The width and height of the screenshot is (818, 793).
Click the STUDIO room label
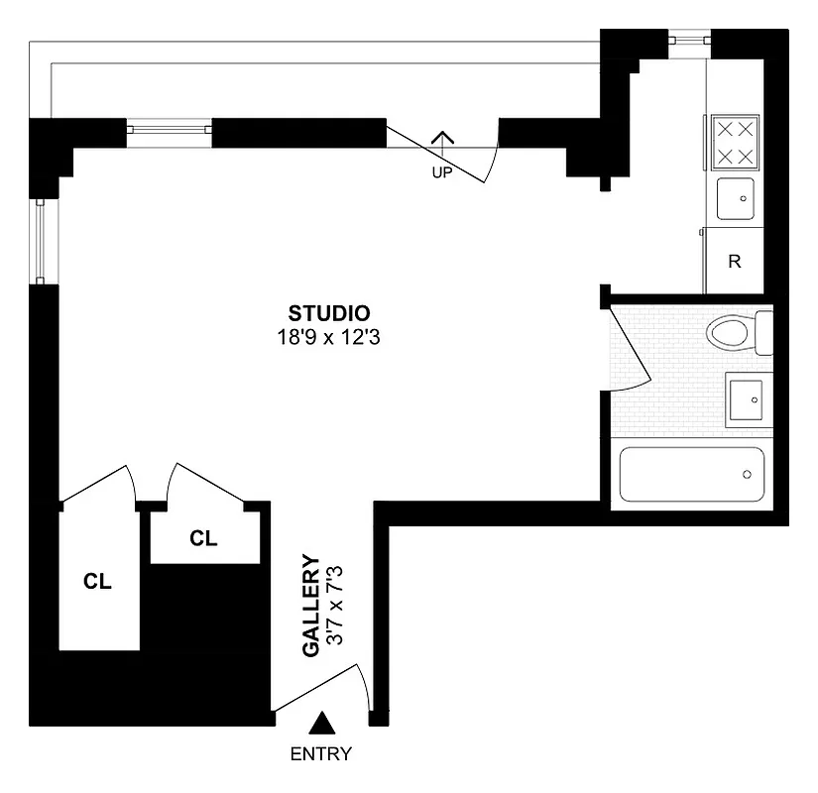(x=330, y=313)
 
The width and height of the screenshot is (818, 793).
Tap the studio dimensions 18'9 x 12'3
(x=330, y=337)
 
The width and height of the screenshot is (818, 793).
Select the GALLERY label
(x=310, y=605)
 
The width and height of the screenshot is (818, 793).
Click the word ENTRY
(x=320, y=753)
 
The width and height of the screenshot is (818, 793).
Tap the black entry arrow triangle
(x=321, y=723)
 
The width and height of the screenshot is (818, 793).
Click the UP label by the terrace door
(x=442, y=171)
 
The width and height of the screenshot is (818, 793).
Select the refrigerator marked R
(x=734, y=262)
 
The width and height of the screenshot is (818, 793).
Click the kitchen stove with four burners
(x=734, y=143)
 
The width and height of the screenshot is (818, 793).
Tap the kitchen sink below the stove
(x=735, y=198)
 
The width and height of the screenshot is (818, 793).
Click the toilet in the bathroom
(x=739, y=331)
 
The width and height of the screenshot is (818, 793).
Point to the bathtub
(x=691, y=476)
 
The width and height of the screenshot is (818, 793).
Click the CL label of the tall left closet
(x=97, y=582)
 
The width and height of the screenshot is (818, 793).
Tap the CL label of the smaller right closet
(x=203, y=538)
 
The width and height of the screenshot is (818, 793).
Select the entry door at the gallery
(x=322, y=689)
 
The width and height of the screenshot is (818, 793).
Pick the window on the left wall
(x=41, y=241)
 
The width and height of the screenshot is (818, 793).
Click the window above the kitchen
(x=689, y=41)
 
